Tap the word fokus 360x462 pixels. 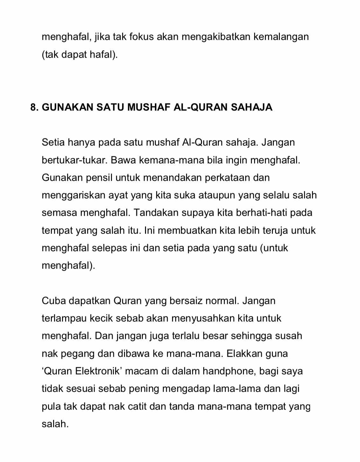[x=142, y=37]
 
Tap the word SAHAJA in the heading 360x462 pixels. [x=252, y=107]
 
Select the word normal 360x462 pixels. [x=222, y=301]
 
